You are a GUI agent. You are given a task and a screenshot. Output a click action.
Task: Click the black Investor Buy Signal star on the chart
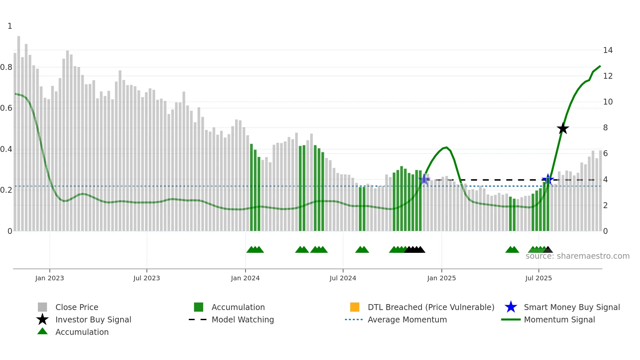pyautogui.click(x=563, y=128)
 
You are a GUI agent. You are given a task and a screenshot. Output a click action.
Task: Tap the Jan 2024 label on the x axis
pyautogui.click(x=245, y=278)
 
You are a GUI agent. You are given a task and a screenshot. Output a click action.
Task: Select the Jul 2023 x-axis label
pyautogui.click(x=147, y=278)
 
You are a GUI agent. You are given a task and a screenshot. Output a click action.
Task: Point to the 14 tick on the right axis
pyautogui.click(x=608, y=50)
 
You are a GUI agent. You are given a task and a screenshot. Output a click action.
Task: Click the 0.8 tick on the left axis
pyautogui.click(x=7, y=67)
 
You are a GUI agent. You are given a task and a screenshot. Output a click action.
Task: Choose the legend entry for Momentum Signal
pyautogui.click(x=559, y=319)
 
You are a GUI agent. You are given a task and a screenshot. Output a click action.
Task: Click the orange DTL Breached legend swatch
pyautogui.click(x=355, y=307)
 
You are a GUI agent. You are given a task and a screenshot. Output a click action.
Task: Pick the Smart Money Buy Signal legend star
pyautogui.click(x=511, y=307)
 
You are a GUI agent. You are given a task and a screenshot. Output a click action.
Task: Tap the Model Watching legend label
pyautogui.click(x=243, y=319)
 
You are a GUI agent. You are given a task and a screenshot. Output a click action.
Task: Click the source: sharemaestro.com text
pyautogui.click(x=577, y=256)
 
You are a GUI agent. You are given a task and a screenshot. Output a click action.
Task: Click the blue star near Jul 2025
pyautogui.click(x=548, y=179)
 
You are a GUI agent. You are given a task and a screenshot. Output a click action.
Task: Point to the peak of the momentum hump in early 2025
pyautogui.click(x=446, y=148)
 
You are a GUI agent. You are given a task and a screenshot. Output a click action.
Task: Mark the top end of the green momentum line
pyautogui.click(x=600, y=66)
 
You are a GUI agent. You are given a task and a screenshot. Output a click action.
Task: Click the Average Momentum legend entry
pyautogui.click(x=407, y=319)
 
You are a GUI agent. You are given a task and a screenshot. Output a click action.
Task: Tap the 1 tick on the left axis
pyautogui.click(x=10, y=26)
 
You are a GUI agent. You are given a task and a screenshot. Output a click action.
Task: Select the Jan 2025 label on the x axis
pyautogui.click(x=441, y=278)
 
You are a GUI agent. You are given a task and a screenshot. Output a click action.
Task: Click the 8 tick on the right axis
pyautogui.click(x=605, y=128)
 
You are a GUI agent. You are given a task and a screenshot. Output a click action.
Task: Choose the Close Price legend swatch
pyautogui.click(x=42, y=307)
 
